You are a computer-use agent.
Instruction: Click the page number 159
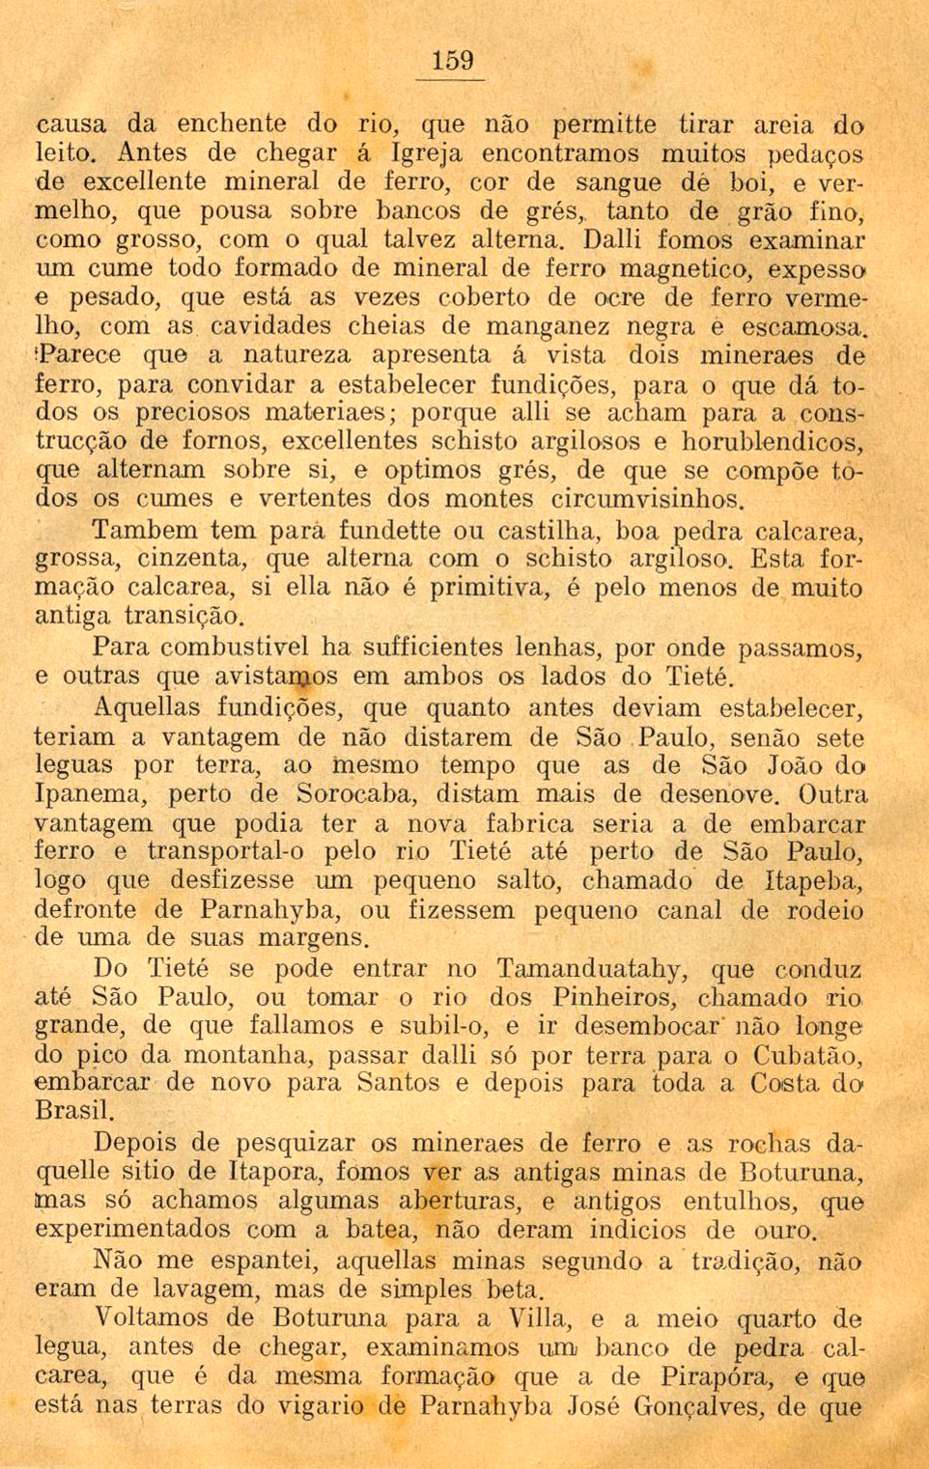(x=453, y=61)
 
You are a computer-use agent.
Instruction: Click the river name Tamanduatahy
(x=592, y=968)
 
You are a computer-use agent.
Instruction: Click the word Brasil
(x=73, y=1110)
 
